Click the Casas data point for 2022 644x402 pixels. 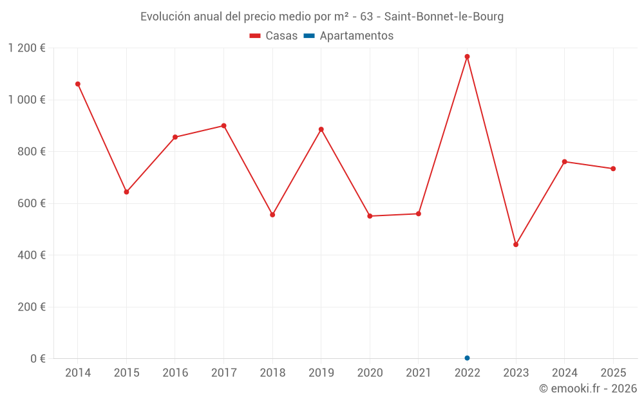[467, 57]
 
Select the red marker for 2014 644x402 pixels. [78, 84]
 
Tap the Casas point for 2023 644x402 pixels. [516, 244]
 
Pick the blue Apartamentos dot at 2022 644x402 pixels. [467, 358]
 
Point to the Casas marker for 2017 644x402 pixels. [223, 125]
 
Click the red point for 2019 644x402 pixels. [321, 129]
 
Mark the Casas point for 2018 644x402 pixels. [272, 215]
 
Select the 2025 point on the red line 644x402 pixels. [613, 169]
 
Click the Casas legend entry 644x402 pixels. [274, 36]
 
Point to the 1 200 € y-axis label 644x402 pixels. [26, 48]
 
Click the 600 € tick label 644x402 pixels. [32, 203]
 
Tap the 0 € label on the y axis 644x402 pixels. [37, 358]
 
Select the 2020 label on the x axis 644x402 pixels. [370, 373]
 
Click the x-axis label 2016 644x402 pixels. [175, 373]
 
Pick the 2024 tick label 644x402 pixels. [564, 373]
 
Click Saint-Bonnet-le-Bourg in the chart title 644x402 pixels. [444, 17]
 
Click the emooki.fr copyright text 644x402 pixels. [588, 388]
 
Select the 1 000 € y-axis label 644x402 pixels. [26, 100]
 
